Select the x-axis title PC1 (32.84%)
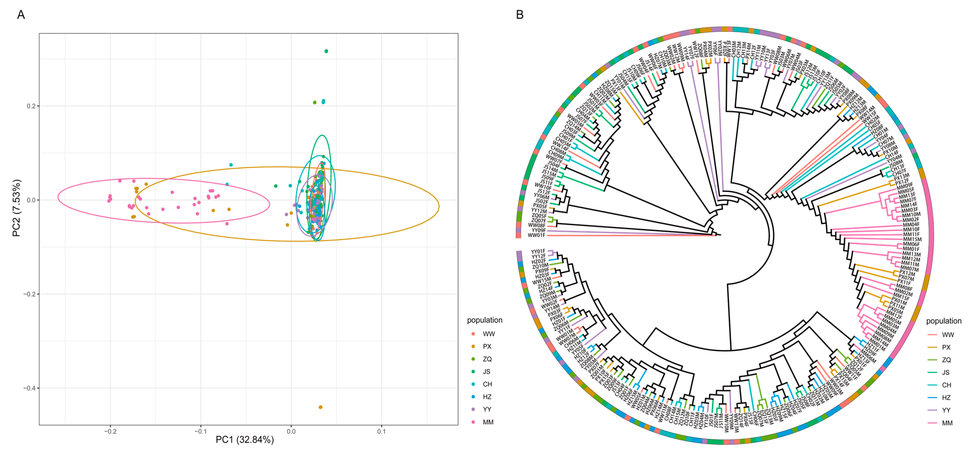click(x=245, y=439)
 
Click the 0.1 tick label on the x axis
click(x=381, y=432)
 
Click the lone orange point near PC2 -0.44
click(x=320, y=407)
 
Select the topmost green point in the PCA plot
click(x=326, y=51)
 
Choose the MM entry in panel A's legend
click(x=488, y=422)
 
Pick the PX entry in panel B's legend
click(x=946, y=347)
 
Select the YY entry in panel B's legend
click(x=946, y=410)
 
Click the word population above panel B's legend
click(x=944, y=321)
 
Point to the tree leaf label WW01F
click(x=536, y=235)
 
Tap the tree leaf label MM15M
click(x=912, y=239)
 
